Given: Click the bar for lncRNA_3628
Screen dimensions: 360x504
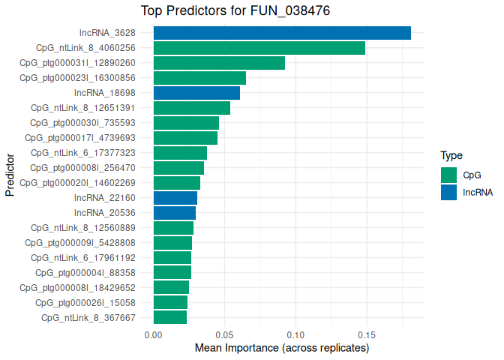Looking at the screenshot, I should tap(282, 33).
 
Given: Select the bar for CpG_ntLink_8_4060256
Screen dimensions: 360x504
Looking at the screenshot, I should tap(259, 48).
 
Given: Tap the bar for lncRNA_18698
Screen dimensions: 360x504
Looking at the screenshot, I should tap(196, 93).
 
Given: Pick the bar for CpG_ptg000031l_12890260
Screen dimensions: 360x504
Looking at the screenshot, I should tap(219, 63).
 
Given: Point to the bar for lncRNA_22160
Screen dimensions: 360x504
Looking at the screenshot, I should tap(175, 197).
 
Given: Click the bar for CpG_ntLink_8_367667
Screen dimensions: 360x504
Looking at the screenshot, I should tap(170, 317).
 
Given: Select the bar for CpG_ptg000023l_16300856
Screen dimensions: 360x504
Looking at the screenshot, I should tap(199, 78).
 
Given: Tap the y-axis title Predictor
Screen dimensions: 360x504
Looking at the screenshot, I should tap(10, 175).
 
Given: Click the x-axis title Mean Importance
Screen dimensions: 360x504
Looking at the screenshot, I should tap(282, 349).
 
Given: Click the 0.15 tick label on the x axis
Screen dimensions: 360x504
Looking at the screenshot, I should tap(366, 334).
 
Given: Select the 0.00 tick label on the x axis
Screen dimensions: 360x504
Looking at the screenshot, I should tap(154, 334).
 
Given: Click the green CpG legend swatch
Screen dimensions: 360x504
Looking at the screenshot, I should tap(449, 175).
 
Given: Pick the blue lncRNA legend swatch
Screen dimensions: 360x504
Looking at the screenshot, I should tap(449, 192).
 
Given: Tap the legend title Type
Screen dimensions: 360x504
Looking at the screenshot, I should tap(451, 156).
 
